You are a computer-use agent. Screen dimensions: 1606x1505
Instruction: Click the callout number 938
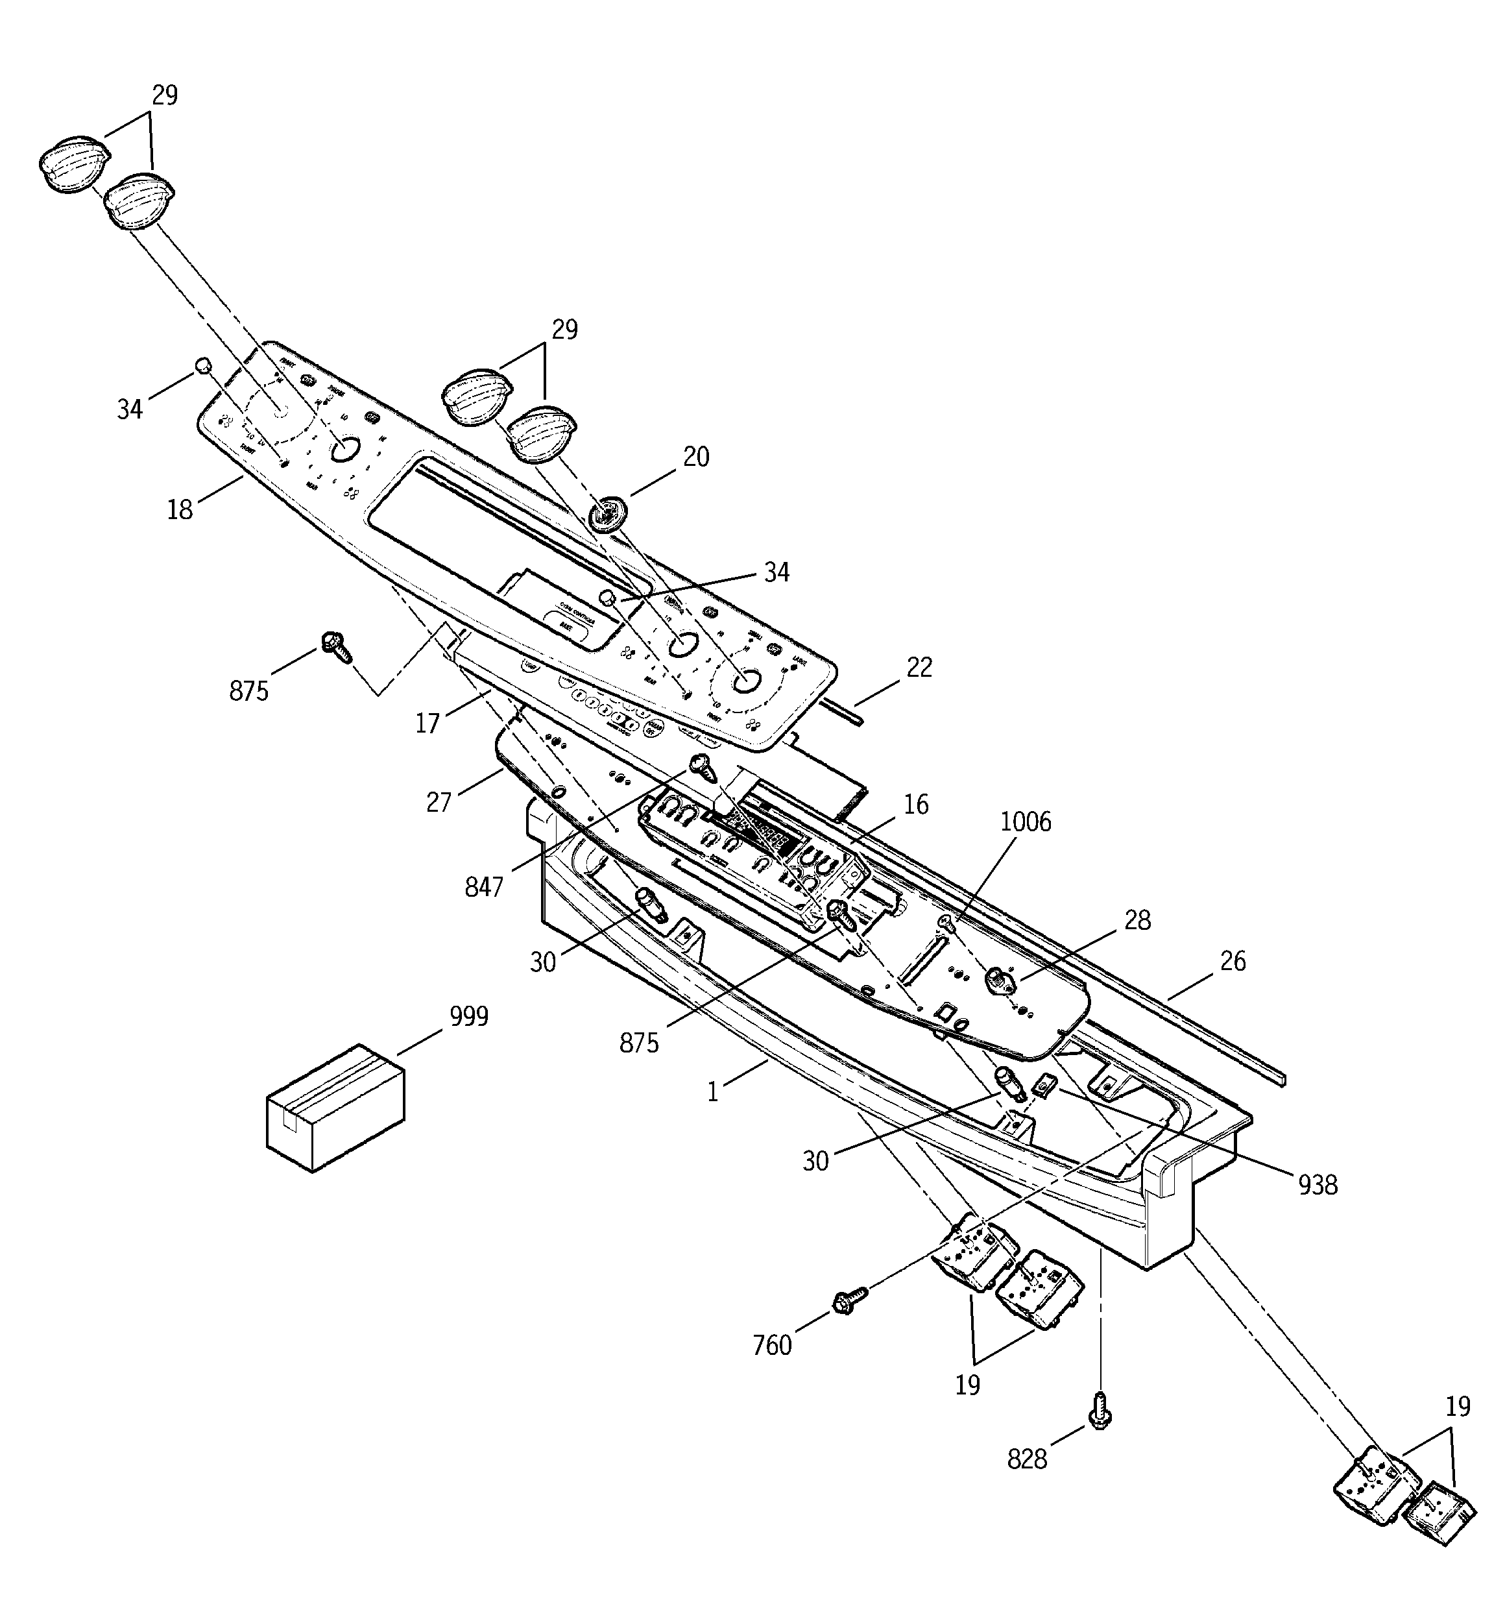1318,1185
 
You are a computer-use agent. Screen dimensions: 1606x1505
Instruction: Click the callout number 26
1233,962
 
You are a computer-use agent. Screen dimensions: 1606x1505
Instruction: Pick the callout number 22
919,667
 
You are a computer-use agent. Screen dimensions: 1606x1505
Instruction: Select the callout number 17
427,723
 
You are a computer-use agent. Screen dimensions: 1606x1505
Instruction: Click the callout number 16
916,805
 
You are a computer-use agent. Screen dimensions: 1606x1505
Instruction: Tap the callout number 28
1137,920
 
